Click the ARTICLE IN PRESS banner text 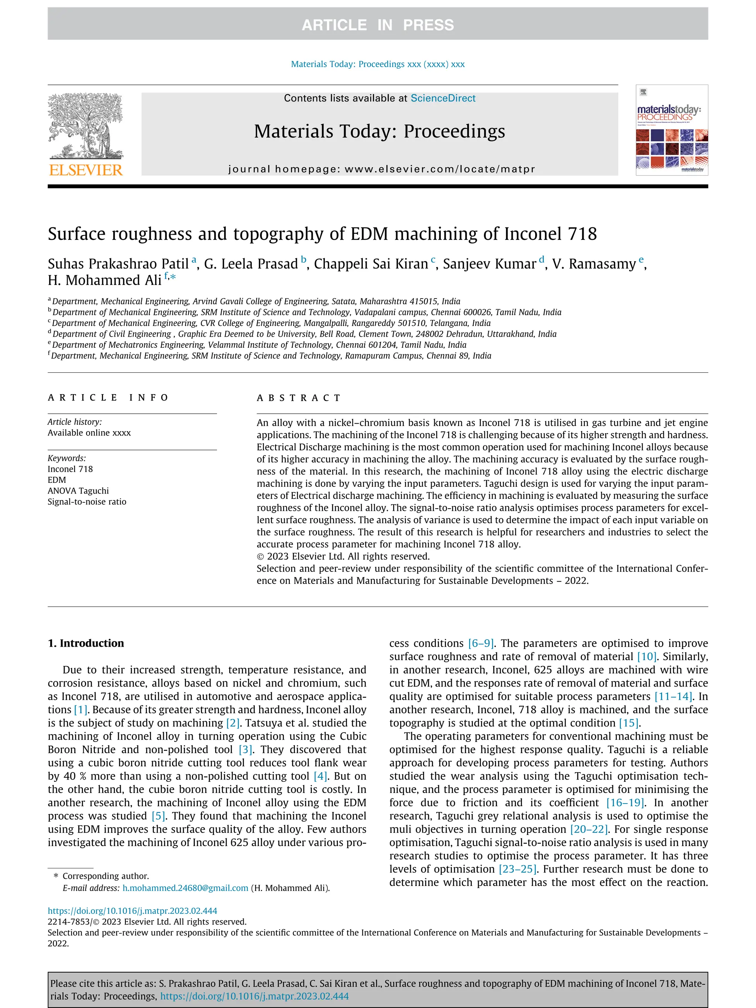(377, 25)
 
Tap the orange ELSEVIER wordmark (86, 171)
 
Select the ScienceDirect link (443, 98)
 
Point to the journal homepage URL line (381, 169)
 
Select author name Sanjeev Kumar (489, 264)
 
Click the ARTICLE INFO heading (108, 398)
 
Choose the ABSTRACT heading (299, 398)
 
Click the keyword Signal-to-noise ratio (87, 502)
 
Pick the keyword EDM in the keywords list (57, 480)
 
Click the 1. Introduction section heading (86, 643)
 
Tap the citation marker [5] (158, 816)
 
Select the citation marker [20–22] (589, 829)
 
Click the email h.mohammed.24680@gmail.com (185, 888)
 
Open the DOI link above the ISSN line (132, 911)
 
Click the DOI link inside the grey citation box (254, 996)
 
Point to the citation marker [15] (628, 723)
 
